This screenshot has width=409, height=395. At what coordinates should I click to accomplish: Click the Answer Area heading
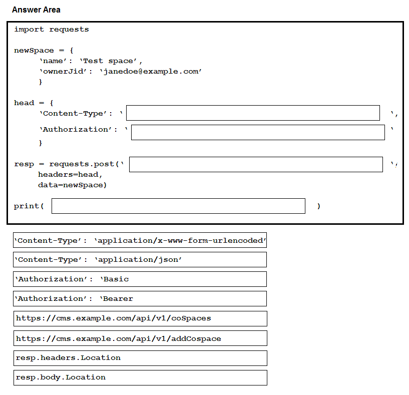pos(36,10)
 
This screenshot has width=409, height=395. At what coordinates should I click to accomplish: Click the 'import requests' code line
pos(51,30)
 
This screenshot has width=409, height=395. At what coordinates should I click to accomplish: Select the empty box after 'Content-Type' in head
pos(253,113)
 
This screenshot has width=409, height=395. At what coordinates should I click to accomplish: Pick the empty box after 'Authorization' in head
pos(258,132)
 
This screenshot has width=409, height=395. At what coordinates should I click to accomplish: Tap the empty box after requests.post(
pos(256,164)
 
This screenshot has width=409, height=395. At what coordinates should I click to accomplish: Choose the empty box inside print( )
pos(178,206)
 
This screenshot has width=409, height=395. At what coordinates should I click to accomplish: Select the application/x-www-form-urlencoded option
pos(140,240)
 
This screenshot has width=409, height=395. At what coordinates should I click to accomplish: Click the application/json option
pos(140,259)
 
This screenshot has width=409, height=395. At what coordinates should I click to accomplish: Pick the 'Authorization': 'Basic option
pos(140,279)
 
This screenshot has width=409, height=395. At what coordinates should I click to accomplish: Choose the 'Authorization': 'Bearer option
pos(140,298)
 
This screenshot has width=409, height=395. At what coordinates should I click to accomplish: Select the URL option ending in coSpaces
pos(140,318)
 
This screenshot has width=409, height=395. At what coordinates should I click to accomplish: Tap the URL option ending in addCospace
pos(140,338)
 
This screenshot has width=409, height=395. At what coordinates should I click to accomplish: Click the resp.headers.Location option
pos(140,358)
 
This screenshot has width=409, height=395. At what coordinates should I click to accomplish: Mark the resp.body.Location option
pos(140,377)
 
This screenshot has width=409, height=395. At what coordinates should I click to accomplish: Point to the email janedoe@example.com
pos(151,72)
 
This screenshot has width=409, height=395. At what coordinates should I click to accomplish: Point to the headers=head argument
pos(70,175)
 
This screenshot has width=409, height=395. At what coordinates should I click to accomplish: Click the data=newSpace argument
pos(72,185)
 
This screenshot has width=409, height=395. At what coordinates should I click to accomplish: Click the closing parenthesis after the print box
pos(319,206)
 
